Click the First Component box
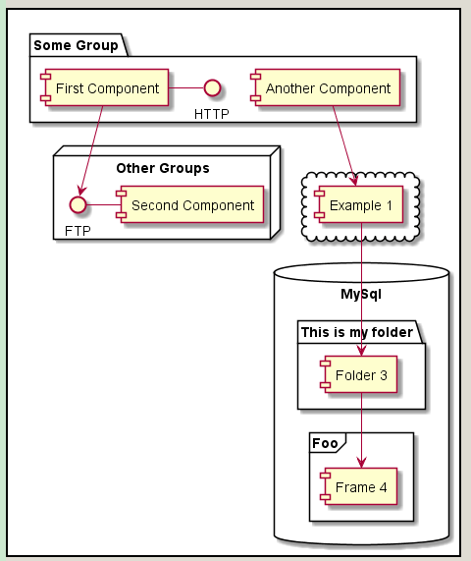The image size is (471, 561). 104,87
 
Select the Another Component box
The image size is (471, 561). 325,87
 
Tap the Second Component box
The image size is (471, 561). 189,204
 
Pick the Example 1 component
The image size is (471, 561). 359,204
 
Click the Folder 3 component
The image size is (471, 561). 359,374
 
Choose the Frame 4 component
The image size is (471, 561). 359,486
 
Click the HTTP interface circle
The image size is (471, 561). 212,88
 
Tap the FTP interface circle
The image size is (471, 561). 78,204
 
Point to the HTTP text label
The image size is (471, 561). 212,114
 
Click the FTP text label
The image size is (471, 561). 78,231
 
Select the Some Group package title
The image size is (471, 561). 76,45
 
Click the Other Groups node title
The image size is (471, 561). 163,168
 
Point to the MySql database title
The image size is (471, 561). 361,294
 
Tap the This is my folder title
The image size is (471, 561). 357,332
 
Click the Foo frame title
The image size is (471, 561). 325,443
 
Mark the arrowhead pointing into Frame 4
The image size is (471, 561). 361,463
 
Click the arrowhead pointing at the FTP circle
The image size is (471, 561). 82,191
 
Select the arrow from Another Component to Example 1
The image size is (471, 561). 344,145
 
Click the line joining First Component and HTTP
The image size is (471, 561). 186,87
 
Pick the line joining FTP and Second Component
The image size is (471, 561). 104,204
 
